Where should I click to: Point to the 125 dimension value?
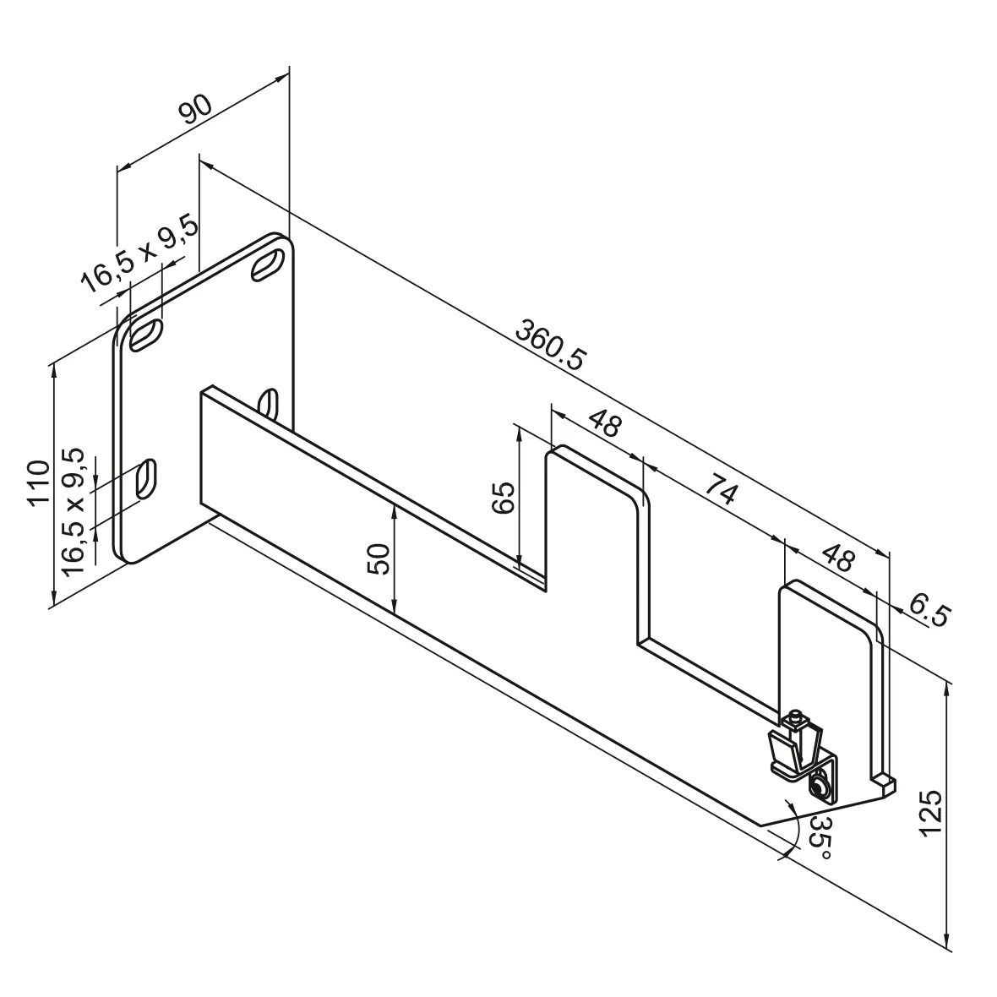point(929,813)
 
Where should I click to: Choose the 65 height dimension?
point(502,498)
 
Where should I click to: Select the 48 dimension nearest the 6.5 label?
point(838,559)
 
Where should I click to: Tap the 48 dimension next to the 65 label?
point(603,422)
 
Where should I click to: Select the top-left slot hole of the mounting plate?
point(146,335)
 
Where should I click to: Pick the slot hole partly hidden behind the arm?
point(270,401)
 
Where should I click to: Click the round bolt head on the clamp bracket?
point(819,787)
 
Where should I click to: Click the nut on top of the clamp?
point(794,721)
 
